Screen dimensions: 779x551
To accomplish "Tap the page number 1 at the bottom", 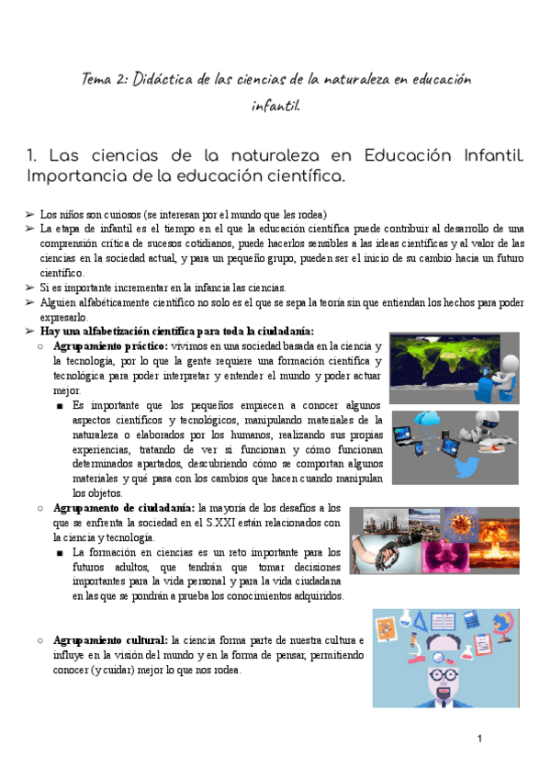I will click(479, 739).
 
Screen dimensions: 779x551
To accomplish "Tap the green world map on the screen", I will click(432, 359).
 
